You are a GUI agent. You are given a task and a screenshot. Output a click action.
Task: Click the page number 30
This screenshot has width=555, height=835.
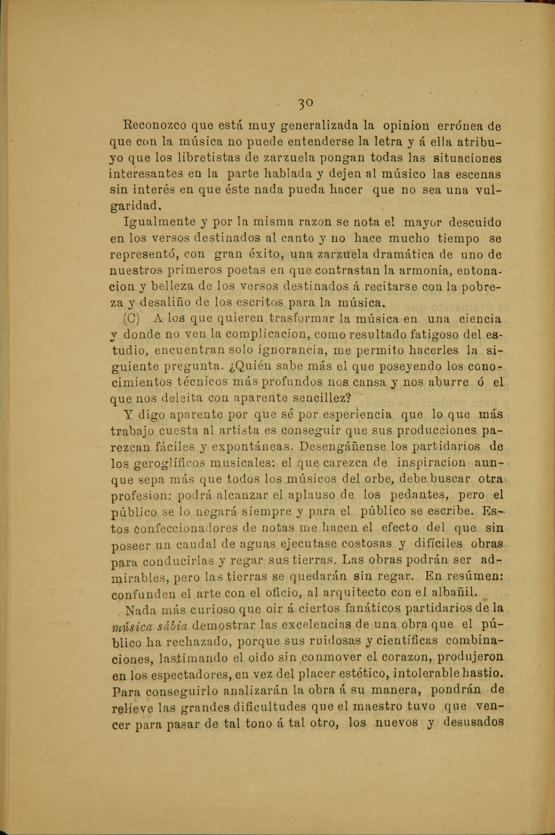point(305,103)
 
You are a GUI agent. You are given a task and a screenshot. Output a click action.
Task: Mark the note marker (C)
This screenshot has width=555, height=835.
point(131,319)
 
